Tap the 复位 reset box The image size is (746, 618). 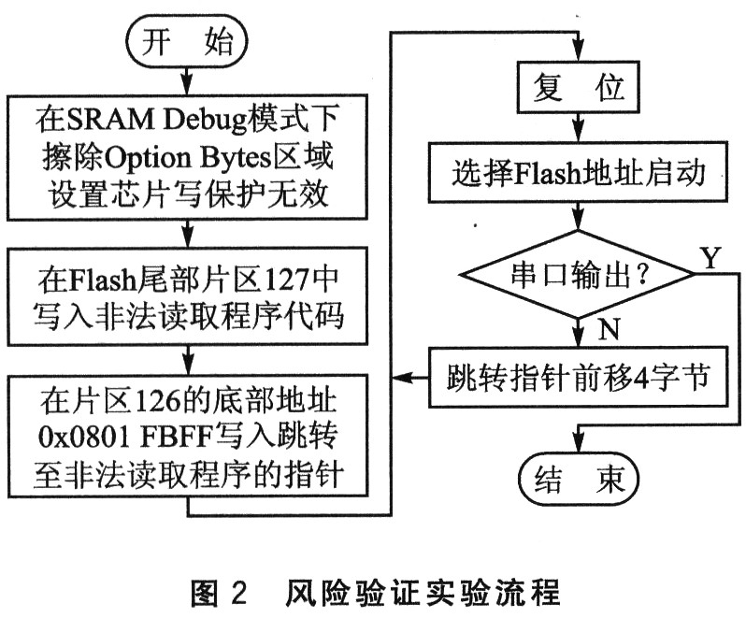pyautogui.click(x=577, y=90)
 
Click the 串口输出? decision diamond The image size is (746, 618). pyautogui.click(x=577, y=275)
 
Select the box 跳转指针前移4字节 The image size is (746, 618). pyautogui.click(x=577, y=377)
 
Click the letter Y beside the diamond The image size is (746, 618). pyautogui.click(x=710, y=259)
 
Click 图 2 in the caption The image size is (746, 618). pyautogui.click(x=221, y=592)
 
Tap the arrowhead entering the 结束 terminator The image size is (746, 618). pyautogui.click(x=577, y=446)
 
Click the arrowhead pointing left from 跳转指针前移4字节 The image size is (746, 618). pyautogui.click(x=400, y=378)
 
